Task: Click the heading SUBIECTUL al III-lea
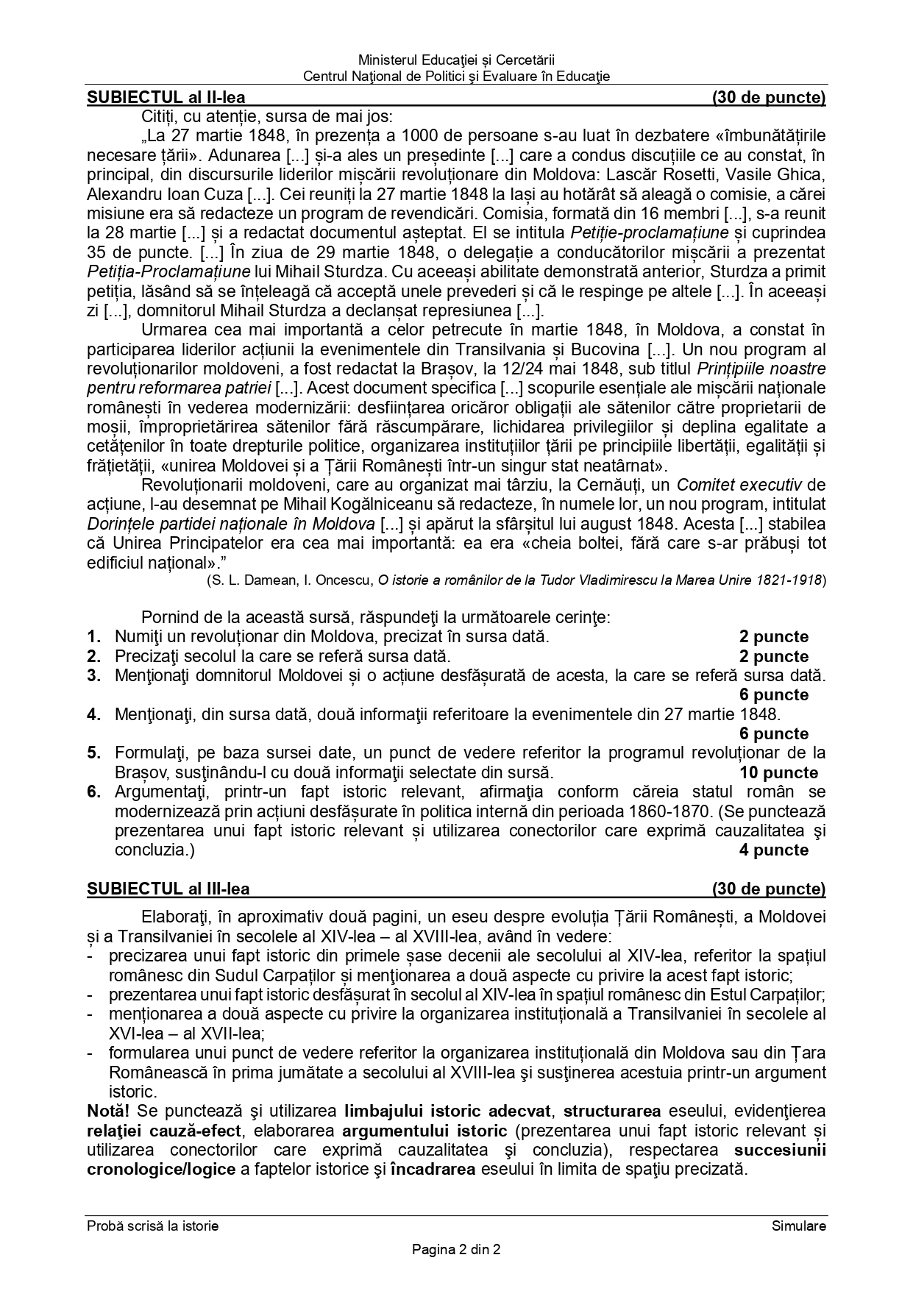[168, 889]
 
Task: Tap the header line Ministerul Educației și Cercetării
[456, 60]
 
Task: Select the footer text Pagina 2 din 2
[456, 1248]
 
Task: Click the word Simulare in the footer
[799, 1226]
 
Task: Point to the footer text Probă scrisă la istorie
[152, 1226]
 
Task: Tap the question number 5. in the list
[93, 753]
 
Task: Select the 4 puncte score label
[773, 850]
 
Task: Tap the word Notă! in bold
[107, 1110]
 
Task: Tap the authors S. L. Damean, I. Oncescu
[291, 580]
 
